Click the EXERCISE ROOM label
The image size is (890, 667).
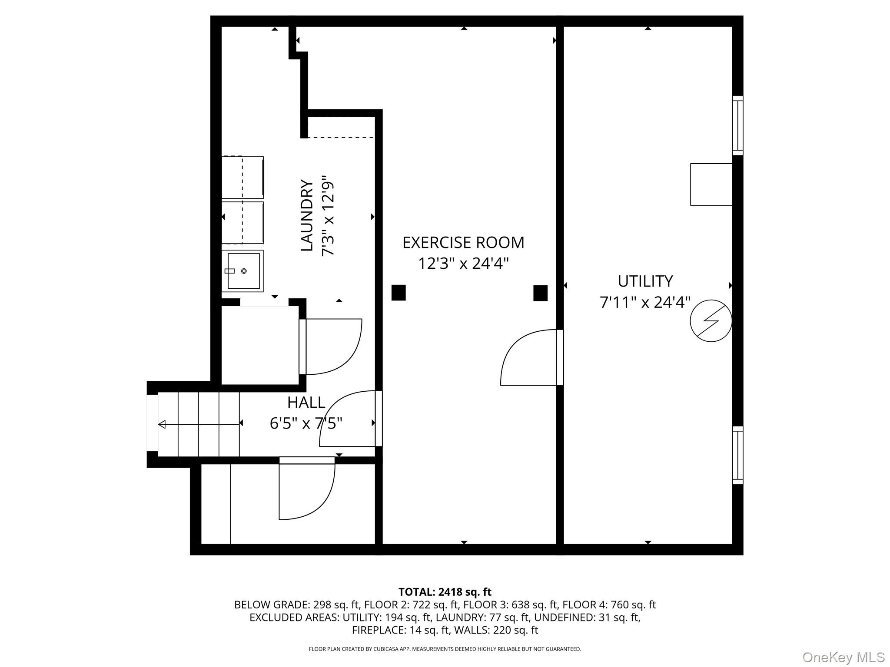point(463,242)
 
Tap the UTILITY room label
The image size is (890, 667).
point(645,281)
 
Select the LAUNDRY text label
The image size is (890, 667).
point(307,215)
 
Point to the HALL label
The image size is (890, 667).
point(306,403)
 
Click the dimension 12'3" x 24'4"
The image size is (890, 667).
point(463,264)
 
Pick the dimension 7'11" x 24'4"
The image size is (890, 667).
point(645,302)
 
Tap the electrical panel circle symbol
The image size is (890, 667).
point(711,321)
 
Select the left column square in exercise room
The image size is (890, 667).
point(399,293)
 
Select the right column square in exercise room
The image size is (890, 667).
point(540,293)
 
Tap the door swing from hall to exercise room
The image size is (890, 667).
point(348,419)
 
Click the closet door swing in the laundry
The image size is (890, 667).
point(332,347)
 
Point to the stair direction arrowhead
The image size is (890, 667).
point(162,424)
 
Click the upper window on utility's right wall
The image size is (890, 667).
point(737,125)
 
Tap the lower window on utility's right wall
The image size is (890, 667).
point(737,455)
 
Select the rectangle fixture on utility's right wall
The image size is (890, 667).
point(711,185)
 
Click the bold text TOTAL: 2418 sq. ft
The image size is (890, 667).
point(445,592)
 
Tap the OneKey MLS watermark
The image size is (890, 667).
point(843,657)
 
